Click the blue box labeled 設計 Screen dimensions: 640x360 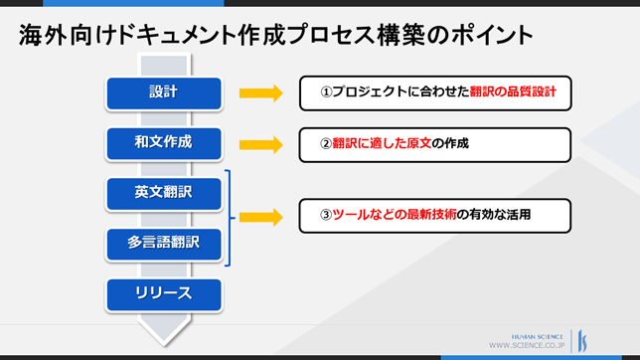pos(164,93)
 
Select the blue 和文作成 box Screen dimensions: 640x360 pos(164,143)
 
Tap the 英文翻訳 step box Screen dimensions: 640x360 pos(164,194)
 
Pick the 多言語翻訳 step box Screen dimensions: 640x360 pos(164,244)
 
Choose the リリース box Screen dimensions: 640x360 pos(164,294)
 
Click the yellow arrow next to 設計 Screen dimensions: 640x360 pos(261,93)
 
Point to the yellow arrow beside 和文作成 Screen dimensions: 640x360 pos(261,144)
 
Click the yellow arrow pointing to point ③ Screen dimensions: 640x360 pos(261,217)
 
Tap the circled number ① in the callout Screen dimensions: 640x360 pos(326,91)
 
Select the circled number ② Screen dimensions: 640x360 pos(326,143)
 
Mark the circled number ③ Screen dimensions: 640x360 pos(326,215)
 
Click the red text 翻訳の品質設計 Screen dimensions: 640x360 pos(513,91)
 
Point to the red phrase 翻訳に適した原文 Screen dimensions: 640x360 pos(382,143)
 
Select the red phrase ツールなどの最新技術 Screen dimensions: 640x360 pos(395,215)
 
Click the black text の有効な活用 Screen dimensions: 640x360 pos(494,215)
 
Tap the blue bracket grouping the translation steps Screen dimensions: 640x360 pos(230,218)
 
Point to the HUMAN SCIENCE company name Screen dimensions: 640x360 pos(537,337)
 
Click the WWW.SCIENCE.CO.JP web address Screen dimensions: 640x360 pos(527,345)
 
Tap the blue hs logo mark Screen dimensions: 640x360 pos(582,341)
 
